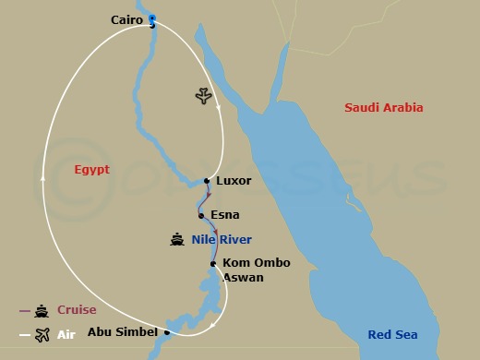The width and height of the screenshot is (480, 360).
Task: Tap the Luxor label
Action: pyautogui.click(x=233, y=181)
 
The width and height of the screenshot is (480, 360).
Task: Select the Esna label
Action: pyautogui.click(x=225, y=215)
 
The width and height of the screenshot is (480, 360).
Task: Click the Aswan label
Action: pyautogui.click(x=244, y=277)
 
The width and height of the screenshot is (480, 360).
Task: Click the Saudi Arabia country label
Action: pyautogui.click(x=384, y=108)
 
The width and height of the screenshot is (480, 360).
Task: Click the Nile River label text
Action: pyautogui.click(x=222, y=240)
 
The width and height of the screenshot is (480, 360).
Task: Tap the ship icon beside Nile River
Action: pyautogui.click(x=177, y=240)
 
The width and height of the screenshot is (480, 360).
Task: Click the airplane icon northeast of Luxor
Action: pyautogui.click(x=203, y=96)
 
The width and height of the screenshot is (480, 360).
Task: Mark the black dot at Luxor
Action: pyautogui.click(x=206, y=181)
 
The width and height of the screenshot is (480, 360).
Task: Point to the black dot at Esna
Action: pyautogui.click(x=201, y=215)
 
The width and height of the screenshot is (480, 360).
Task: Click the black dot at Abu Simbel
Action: pyautogui.click(x=167, y=332)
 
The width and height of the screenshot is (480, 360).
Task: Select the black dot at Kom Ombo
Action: pyautogui.click(x=214, y=264)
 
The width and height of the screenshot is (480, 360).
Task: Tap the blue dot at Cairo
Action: pyautogui.click(x=151, y=18)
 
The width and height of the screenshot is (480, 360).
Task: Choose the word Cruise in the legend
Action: pyautogui.click(x=77, y=310)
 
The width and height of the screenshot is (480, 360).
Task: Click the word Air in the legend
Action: pyautogui.click(x=66, y=335)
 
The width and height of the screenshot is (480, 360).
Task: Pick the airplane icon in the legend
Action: pyautogui.click(x=41, y=335)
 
